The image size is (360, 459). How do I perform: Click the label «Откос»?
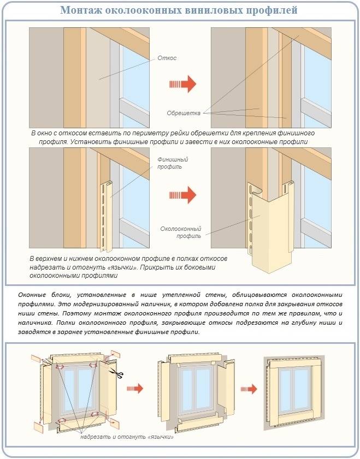pyautogui.click(x=167, y=58)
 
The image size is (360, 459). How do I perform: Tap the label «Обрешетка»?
pyautogui.click(x=184, y=114)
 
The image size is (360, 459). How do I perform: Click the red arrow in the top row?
pyautogui.click(x=182, y=84)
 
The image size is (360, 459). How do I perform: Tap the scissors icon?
pyautogui.click(x=116, y=373)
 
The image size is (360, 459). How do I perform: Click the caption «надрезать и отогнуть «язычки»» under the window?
pyautogui.click(x=126, y=437)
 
